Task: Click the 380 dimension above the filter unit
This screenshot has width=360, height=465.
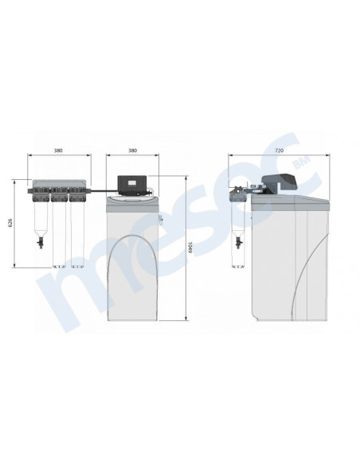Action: point(58,150)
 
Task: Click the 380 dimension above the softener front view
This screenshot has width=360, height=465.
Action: point(132,150)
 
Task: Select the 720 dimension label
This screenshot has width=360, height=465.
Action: point(279,150)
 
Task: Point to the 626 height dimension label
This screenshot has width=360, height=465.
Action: point(10,223)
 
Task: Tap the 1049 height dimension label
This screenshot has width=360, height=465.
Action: point(190,248)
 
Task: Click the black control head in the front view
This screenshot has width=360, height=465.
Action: point(132,186)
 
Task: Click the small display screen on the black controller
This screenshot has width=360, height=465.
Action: point(131,182)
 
